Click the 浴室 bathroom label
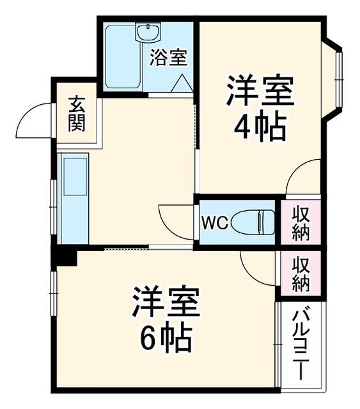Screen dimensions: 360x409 (x=168, y=58)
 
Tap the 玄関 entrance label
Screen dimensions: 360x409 (x=77, y=114)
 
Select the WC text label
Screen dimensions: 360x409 (x=215, y=223)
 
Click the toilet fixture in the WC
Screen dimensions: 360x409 (x=253, y=222)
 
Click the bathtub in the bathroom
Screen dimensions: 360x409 (x=123, y=57)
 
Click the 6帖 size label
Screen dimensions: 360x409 (x=166, y=338)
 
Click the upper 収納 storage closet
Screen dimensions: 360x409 (x=301, y=222)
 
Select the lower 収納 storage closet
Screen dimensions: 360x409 (x=301, y=274)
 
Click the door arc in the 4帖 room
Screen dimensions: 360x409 (x=295, y=169)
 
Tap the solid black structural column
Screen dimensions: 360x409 (x=64, y=256)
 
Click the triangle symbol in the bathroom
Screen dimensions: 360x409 (x=182, y=82)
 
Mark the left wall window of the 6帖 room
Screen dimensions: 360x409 (x=54, y=294)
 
